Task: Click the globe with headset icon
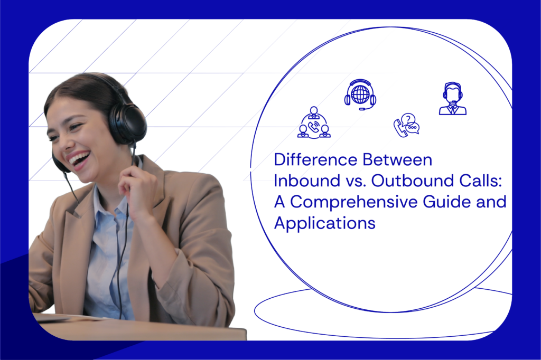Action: [360, 94]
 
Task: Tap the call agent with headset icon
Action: [452, 99]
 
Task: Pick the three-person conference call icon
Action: [314, 124]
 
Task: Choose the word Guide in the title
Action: [444, 202]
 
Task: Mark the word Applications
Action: [324, 223]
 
